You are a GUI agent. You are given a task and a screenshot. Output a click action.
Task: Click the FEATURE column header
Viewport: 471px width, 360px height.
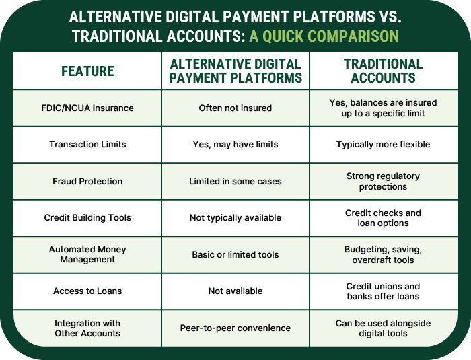coord(87,71)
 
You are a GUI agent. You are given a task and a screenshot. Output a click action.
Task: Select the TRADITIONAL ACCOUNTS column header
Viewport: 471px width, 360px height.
coord(383,71)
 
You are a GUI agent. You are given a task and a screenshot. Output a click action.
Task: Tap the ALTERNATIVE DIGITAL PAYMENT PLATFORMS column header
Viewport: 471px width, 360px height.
coord(235,71)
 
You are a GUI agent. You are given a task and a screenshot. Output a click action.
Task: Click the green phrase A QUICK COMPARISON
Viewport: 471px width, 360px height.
coord(324,36)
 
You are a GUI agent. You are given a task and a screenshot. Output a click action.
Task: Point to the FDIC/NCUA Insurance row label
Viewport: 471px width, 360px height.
coord(87,108)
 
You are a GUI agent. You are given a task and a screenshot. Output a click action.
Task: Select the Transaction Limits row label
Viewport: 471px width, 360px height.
coord(87,145)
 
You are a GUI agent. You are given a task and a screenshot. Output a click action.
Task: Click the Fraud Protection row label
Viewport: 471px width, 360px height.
coord(87,181)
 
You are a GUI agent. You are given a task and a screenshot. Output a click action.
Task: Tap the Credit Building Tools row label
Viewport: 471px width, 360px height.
coord(87,217)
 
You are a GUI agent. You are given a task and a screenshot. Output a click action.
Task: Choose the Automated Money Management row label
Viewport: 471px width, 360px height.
coord(87,254)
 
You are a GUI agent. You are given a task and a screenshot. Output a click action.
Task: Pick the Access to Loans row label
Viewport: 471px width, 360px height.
coord(87,291)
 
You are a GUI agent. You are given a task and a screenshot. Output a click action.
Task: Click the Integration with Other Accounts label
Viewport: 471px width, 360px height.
coord(87,328)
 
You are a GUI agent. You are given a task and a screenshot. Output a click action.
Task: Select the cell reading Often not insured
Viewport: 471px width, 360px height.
coord(235,108)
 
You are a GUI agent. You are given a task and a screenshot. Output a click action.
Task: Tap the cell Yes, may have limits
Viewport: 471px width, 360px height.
coord(235,145)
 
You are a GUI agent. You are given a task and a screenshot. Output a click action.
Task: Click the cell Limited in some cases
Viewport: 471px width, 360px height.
coord(235,181)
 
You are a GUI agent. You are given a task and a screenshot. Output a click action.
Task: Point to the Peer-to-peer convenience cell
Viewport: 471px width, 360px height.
coord(235,328)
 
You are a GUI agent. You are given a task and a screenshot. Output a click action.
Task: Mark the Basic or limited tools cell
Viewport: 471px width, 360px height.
coord(235,254)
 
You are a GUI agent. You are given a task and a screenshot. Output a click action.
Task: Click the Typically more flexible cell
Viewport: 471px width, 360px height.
coord(383,145)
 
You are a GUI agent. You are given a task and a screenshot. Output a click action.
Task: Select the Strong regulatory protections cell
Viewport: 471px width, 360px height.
coord(383,181)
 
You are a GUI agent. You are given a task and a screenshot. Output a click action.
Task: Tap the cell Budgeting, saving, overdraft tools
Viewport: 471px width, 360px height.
coord(383,254)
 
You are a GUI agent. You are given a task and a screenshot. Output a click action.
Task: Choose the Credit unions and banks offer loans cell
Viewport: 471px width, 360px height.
coord(383,291)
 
